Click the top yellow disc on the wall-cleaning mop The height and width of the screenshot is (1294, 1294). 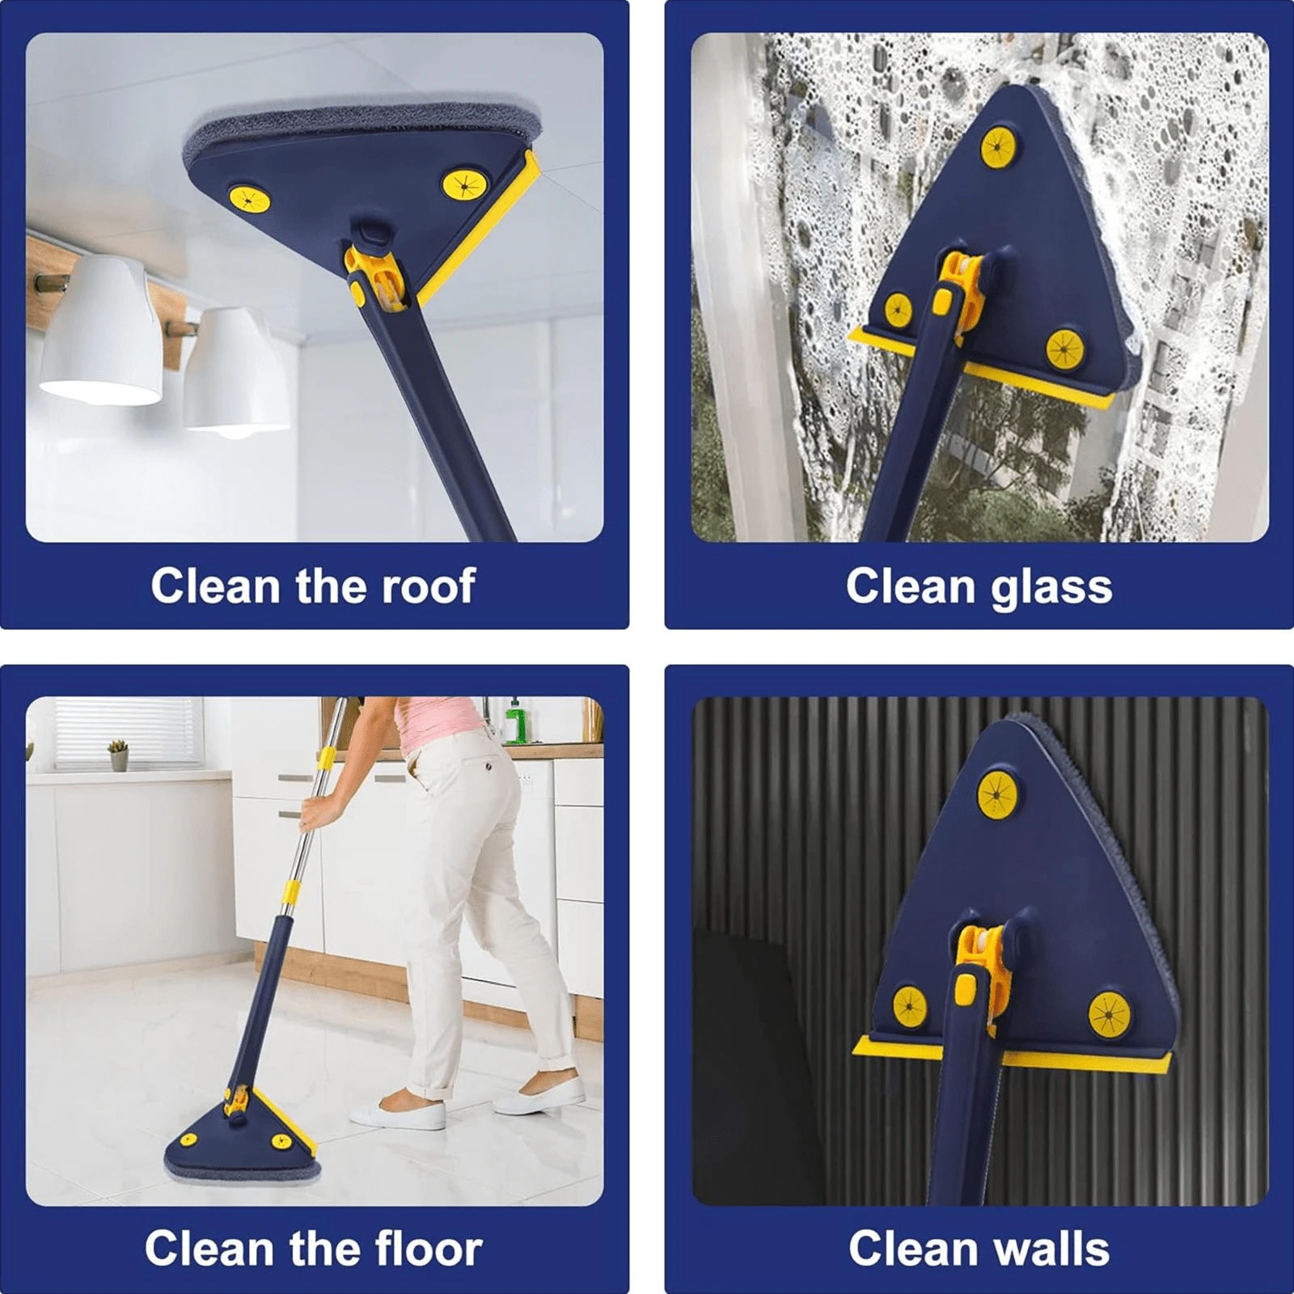[x=997, y=793]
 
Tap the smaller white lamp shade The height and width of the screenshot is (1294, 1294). [x=235, y=372]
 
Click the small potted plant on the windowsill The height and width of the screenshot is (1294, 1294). [x=119, y=755]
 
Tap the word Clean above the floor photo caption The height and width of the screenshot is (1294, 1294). [x=210, y=1249]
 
